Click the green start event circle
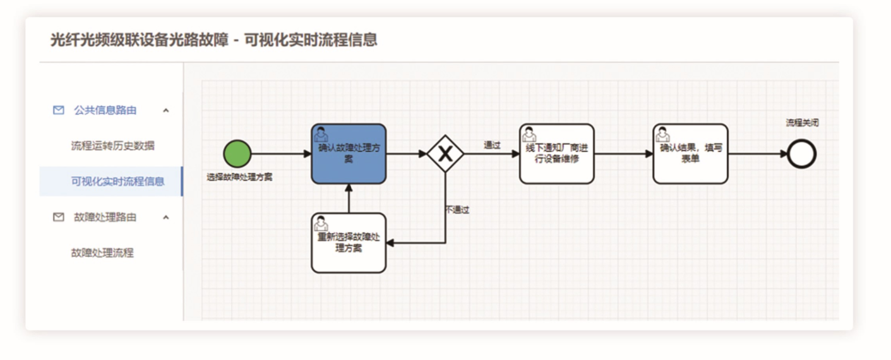tap(237, 153)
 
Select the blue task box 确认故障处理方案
tap(349, 153)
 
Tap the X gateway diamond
tap(445, 153)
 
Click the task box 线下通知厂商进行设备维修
tap(556, 153)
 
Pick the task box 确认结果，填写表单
tap(690, 153)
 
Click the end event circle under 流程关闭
tap(802, 154)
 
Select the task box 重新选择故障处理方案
tap(349, 243)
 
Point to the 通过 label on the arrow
tap(492, 145)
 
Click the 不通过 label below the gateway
tap(457, 210)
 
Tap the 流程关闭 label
tap(802, 123)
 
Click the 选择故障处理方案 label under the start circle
tap(239, 177)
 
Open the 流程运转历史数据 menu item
tap(112, 146)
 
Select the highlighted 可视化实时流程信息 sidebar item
tap(117, 181)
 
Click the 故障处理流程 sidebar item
tap(102, 253)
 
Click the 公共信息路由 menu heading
tap(105, 110)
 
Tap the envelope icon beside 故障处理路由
tap(58, 217)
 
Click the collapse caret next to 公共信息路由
tap(166, 111)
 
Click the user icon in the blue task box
tap(321, 135)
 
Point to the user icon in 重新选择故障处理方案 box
tap(321, 224)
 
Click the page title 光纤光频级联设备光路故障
tap(139, 40)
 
